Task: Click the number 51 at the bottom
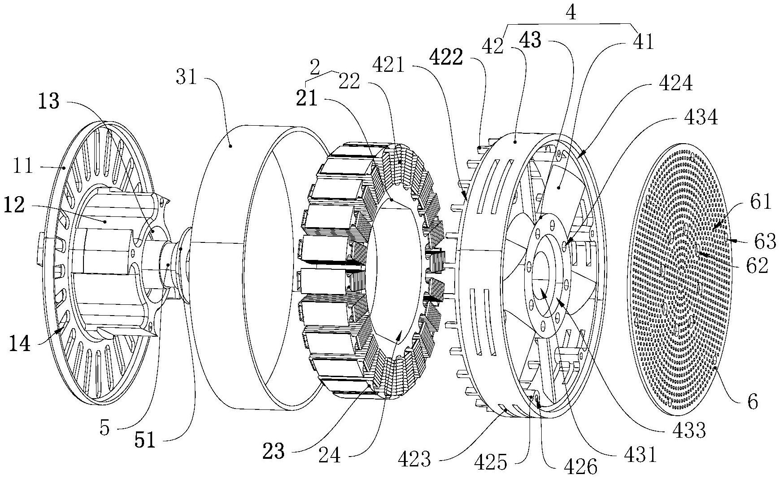click(x=145, y=441)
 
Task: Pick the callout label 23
click(x=274, y=451)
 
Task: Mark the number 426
click(x=583, y=467)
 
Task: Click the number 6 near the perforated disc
click(x=753, y=401)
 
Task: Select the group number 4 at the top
click(x=571, y=13)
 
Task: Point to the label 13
click(x=48, y=101)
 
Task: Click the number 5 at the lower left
click(x=104, y=427)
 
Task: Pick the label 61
click(x=760, y=202)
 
